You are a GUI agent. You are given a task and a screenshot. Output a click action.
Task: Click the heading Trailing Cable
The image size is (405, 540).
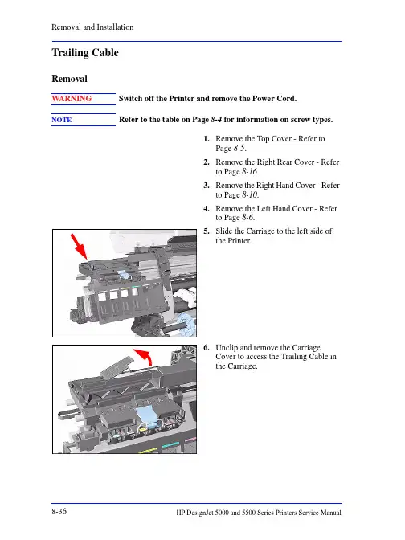coord(85,53)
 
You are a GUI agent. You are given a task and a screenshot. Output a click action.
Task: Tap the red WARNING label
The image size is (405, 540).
coord(72,99)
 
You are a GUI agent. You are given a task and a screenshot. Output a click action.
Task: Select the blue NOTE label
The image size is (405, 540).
coord(62,120)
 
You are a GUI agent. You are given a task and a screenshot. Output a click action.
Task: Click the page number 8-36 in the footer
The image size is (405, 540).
coord(59,511)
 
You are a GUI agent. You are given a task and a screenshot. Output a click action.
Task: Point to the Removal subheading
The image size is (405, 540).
coord(70,79)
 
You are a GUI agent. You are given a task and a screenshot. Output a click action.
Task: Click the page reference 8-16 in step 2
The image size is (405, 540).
coord(250,171)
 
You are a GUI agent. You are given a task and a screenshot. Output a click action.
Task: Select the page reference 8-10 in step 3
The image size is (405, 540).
coord(250,195)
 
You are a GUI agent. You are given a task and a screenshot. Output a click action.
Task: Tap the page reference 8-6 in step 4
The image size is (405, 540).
coord(247,217)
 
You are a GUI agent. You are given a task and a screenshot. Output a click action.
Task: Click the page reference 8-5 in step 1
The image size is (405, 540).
coord(239,149)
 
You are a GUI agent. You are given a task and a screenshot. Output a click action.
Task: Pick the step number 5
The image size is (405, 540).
coord(207,231)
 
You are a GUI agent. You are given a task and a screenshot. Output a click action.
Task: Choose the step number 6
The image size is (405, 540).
coord(207,347)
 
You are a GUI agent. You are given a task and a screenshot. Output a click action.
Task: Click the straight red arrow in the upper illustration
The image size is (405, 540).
coord(79,247)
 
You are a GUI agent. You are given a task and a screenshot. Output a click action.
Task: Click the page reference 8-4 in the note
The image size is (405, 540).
coord(216,120)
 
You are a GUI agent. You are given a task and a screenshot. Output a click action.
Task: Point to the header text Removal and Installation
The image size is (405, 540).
coord(92,27)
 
